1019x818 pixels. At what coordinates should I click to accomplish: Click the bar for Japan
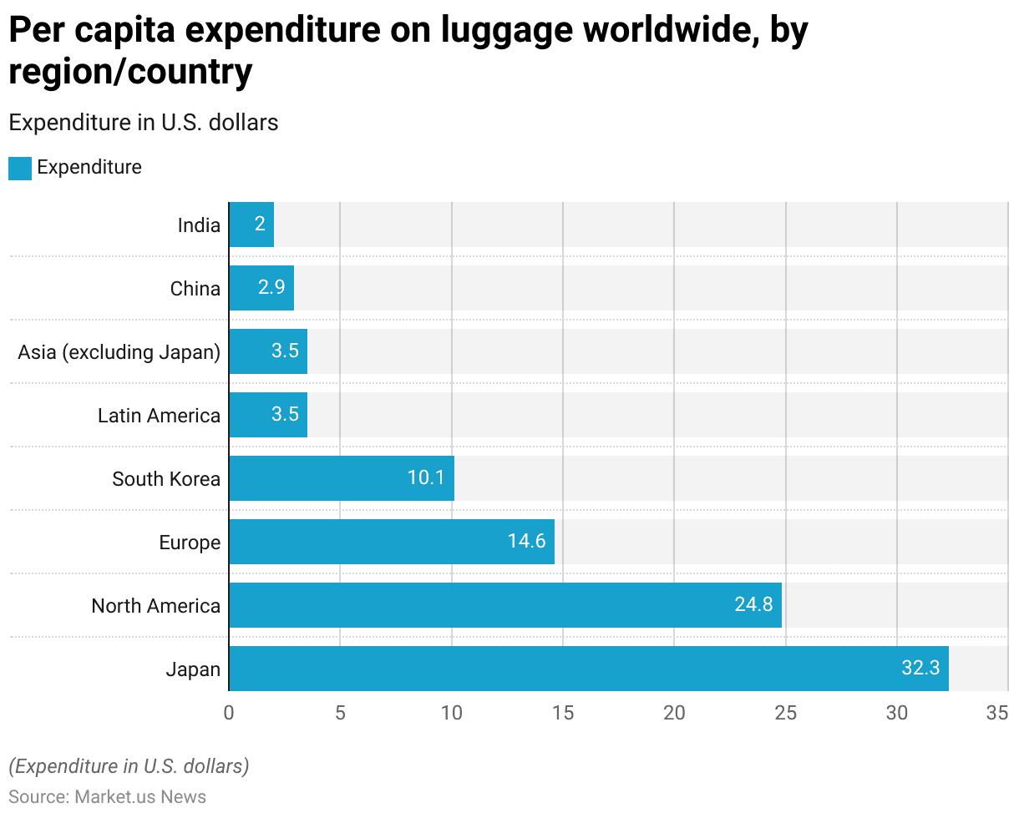pos(588,669)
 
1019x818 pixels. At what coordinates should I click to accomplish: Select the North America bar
pos(504,605)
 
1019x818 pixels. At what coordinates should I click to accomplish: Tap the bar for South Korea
pos(341,478)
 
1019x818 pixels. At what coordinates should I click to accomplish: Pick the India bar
pos(251,225)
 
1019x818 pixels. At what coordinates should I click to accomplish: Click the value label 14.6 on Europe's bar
pos(526,542)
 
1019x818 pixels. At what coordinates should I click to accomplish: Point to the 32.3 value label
pos(920,669)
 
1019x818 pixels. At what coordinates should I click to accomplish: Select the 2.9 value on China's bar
pos(271,288)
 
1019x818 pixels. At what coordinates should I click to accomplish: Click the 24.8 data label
pos(753,605)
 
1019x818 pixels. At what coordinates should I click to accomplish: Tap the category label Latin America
pos(159,416)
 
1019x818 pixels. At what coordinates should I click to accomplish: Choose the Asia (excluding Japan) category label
pos(119,352)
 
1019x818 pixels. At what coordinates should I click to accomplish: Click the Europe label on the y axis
pos(190,543)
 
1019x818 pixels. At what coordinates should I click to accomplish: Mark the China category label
pos(195,289)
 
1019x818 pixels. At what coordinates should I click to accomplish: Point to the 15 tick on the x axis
pos(563,714)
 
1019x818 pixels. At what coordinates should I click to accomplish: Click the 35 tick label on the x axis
pos(997,714)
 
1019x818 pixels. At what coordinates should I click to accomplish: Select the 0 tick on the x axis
pos(229,714)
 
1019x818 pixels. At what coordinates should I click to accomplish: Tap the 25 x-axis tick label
pos(786,714)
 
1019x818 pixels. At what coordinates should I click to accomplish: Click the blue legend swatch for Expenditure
pos(20,168)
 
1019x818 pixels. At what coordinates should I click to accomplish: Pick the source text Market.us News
pos(140,797)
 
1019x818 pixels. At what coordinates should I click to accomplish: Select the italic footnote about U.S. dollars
pos(129,765)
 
